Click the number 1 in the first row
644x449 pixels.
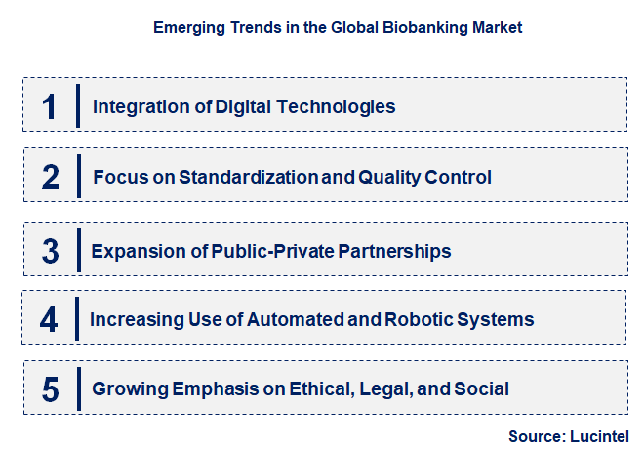tap(51, 106)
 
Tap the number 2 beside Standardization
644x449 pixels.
tap(51, 178)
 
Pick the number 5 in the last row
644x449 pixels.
tap(51, 389)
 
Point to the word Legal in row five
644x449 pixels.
tap(384, 389)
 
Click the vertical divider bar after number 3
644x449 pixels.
tap(78, 251)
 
